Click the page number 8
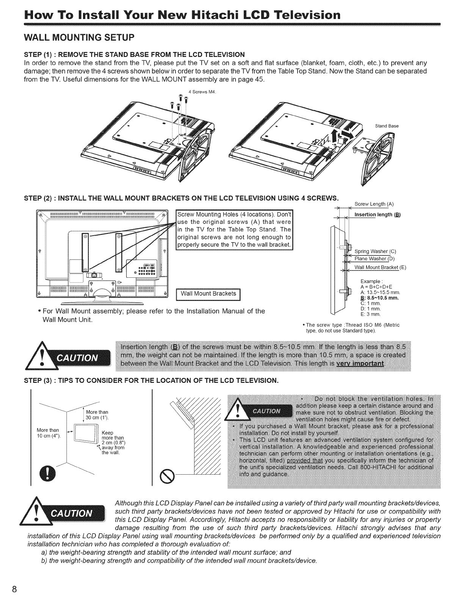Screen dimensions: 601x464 click(14, 589)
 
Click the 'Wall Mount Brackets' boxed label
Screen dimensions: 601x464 click(208, 294)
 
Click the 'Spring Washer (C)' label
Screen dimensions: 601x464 click(375, 251)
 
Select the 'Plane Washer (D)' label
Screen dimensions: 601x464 click(374, 259)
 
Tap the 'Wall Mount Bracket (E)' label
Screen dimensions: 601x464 click(380, 267)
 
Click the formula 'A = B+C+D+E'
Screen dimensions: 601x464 click(376, 286)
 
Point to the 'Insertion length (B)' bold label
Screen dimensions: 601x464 click(377, 214)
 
